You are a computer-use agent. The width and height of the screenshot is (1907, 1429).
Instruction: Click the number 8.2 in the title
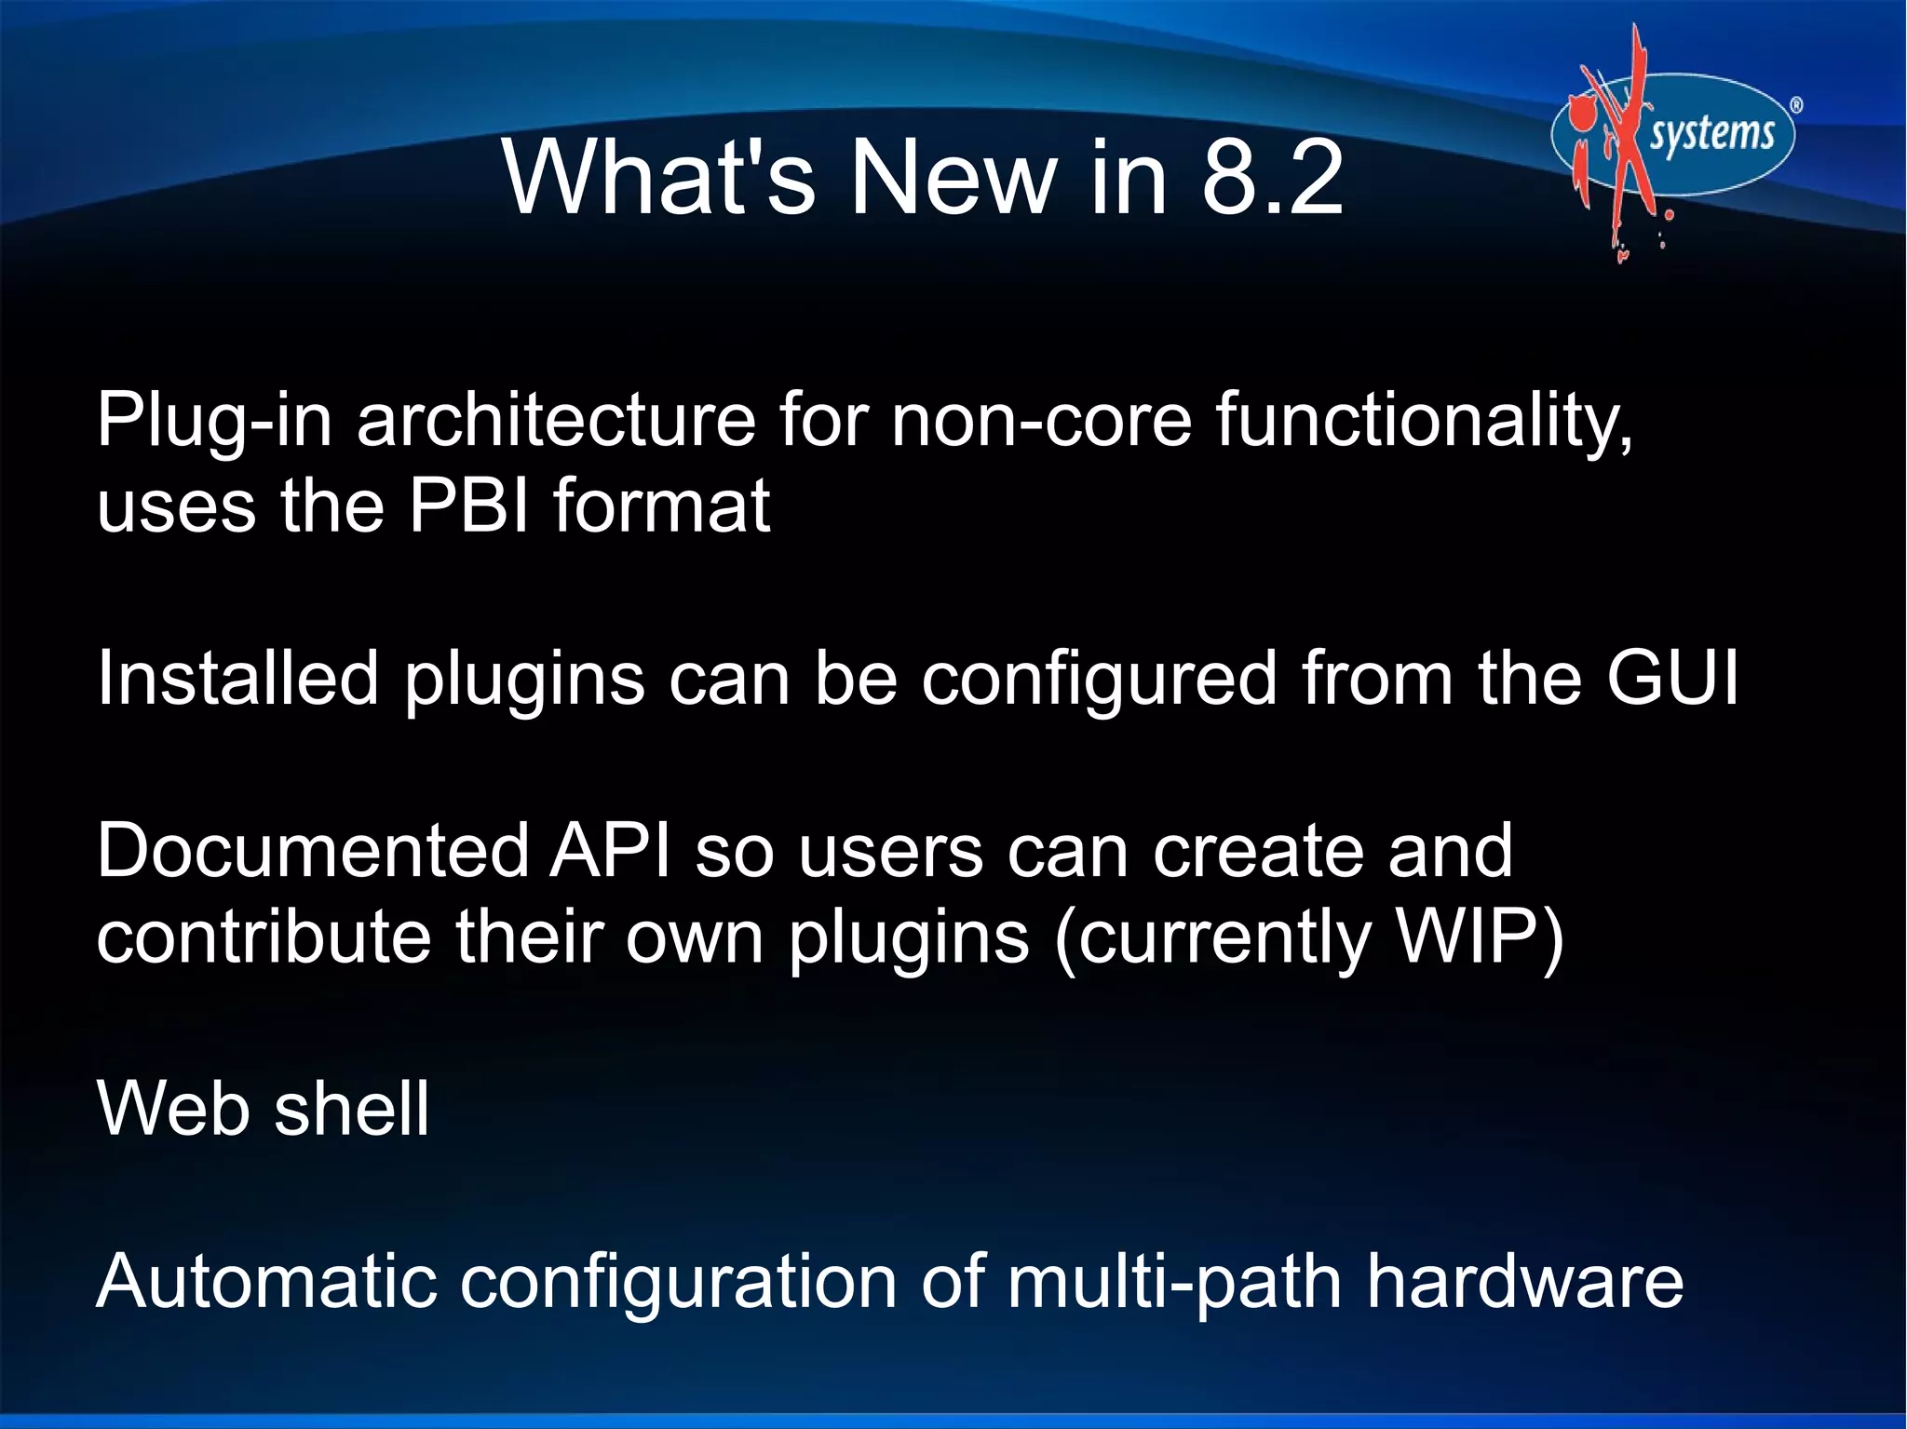coord(1272,177)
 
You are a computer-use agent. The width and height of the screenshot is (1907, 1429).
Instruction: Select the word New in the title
coord(953,177)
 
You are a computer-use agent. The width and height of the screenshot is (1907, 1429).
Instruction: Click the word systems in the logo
coord(1712,135)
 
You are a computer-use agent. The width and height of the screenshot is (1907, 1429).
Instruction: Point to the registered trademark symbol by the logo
coord(1796,105)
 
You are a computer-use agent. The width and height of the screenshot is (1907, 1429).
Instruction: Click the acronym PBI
coord(470,506)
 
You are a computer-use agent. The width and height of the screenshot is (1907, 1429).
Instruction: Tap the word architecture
coord(555,421)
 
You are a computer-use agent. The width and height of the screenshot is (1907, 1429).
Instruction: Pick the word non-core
coord(1041,421)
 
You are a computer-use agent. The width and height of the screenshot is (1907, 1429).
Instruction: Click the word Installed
coord(237,678)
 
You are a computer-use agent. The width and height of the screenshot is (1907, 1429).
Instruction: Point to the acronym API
coord(610,850)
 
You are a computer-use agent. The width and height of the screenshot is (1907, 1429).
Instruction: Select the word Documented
coord(313,850)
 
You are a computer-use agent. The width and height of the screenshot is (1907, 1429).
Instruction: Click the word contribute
coord(264,937)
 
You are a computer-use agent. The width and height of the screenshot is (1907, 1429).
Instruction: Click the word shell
coord(352,1109)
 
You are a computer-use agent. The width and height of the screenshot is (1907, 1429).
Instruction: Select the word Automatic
coord(266,1282)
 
